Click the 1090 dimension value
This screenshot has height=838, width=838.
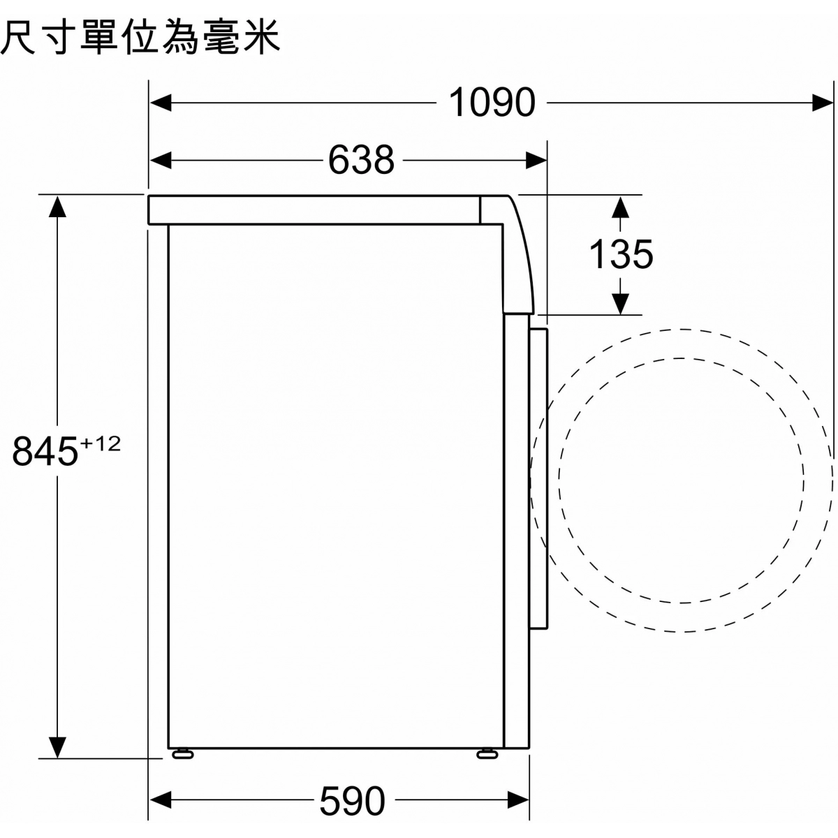coord(492,103)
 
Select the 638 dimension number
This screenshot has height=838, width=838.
coord(361,160)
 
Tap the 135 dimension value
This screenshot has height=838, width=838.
coord(621,254)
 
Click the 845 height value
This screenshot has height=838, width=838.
coord(45,451)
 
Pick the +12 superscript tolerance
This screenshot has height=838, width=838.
coord(101,444)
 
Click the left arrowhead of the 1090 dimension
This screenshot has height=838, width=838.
coord(161,103)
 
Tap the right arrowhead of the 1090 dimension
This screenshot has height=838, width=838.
coord(823,103)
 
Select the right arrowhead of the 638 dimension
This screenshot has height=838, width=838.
coord(536,161)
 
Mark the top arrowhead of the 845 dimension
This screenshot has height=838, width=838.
coord(57,207)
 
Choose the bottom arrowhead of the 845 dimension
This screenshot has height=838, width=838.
coord(57,747)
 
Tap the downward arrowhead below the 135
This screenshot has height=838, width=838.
coord(620,303)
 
